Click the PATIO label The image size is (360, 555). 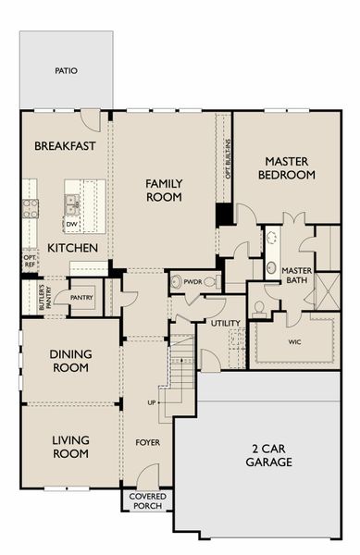67,71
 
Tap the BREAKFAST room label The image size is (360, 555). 65,146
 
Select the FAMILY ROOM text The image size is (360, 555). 164,190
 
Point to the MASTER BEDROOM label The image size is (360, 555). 286,168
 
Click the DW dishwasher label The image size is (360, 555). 72,224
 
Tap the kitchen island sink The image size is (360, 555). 72,205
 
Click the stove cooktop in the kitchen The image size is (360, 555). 31,208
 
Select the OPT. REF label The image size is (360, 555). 30,261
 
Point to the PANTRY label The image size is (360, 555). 81,298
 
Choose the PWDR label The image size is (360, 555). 192,282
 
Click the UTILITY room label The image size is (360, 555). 226,323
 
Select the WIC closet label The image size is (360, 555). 294,342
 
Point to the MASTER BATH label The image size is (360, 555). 297,276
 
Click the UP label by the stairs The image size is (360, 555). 152,402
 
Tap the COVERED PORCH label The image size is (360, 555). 148,501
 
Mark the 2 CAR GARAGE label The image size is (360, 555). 269,455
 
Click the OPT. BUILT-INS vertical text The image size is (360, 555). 229,158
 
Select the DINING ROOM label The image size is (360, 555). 70,361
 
